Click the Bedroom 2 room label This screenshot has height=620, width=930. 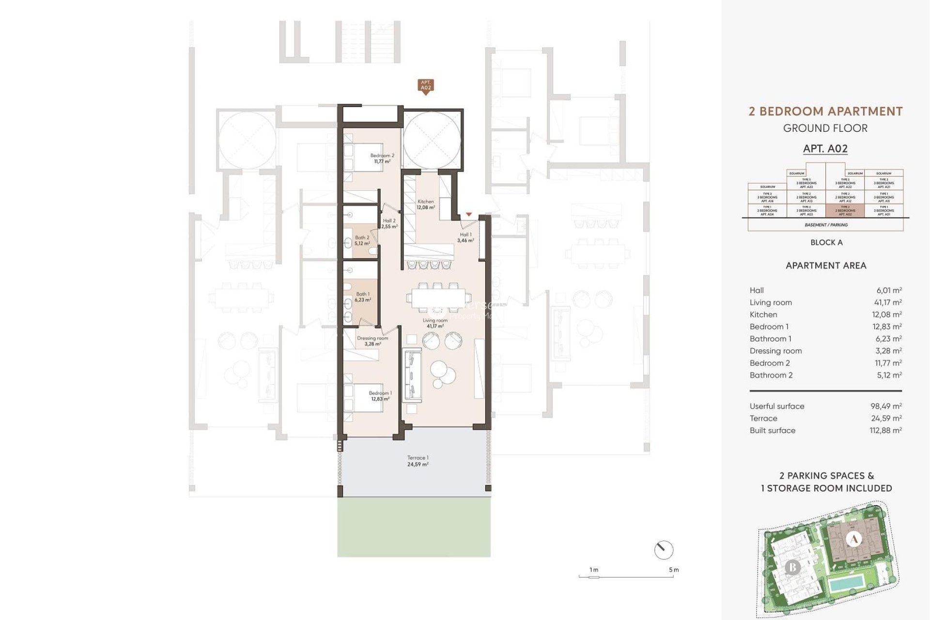[382, 156]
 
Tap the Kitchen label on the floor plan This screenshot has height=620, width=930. [426, 202]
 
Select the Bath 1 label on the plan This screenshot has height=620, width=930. [363, 294]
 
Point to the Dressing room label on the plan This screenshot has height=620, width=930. [372, 339]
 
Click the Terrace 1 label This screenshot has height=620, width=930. [418, 458]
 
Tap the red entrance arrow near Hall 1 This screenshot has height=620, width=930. [468, 214]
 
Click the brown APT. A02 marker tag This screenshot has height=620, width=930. [425, 86]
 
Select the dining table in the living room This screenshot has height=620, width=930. [438, 298]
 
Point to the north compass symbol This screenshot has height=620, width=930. [664, 550]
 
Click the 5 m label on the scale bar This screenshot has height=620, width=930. [674, 570]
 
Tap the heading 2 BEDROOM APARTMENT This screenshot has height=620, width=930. [825, 111]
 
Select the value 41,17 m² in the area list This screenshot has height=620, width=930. [889, 302]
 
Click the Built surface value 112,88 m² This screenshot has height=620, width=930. [886, 430]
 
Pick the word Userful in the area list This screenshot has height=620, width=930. [762, 406]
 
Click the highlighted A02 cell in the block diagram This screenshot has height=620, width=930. [845, 211]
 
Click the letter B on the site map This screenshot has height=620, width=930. [792, 567]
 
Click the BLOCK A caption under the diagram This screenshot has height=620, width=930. [826, 243]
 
